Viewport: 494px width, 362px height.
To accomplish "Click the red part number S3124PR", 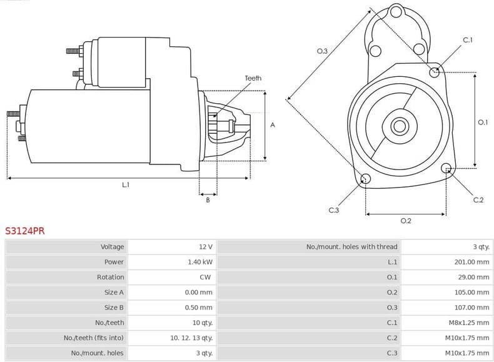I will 25,231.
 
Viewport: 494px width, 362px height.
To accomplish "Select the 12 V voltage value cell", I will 206,247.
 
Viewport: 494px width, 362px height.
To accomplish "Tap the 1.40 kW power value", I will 199,262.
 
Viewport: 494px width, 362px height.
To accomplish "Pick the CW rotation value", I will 205,277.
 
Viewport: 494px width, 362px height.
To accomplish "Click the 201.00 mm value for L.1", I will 471,262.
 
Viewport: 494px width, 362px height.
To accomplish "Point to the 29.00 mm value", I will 473,277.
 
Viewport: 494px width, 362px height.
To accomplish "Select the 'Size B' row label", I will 114,308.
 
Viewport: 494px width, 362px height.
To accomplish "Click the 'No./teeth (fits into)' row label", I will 94,338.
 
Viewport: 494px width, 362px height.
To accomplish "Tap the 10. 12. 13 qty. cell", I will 191,338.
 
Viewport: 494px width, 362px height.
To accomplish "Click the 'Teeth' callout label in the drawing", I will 253,78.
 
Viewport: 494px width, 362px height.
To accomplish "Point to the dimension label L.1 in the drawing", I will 126,184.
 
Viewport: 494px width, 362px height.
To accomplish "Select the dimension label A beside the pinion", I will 272,125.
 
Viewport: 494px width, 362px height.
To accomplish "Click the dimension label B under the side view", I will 208,200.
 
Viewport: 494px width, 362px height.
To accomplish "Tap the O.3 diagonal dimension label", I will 322,51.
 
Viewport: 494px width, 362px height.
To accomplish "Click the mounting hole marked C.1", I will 435,73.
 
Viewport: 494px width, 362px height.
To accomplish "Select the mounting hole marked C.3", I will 366,180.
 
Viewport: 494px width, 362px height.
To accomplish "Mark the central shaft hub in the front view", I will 399,126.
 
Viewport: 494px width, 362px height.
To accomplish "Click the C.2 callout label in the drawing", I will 478,200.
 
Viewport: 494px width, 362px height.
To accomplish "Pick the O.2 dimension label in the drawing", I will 405,221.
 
